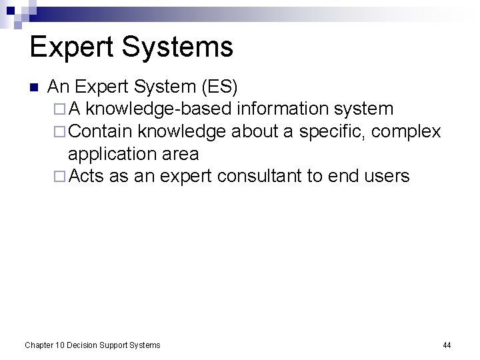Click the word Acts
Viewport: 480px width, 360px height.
(x=85, y=177)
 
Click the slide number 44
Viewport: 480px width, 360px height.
(x=447, y=345)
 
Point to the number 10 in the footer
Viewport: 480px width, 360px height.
(x=61, y=345)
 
